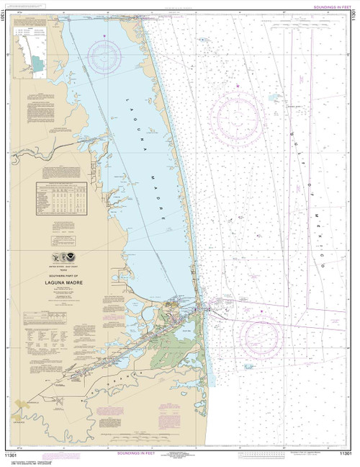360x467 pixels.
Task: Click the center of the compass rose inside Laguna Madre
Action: [x=104, y=55]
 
